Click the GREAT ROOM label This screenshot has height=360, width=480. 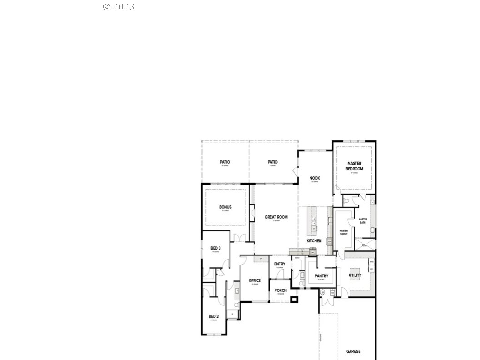pyautogui.click(x=276, y=217)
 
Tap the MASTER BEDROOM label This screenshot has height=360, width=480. pyautogui.click(x=354, y=166)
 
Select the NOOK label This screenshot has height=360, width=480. pyautogui.click(x=315, y=178)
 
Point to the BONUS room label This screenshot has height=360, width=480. pyautogui.click(x=225, y=207)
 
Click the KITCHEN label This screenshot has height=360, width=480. pyautogui.click(x=314, y=241)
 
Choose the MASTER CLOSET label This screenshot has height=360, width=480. pyautogui.click(x=344, y=232)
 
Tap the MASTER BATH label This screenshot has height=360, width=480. pyautogui.click(x=363, y=221)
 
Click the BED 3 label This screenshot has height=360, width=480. pyautogui.click(x=215, y=248)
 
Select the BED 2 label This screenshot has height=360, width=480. pyautogui.click(x=214, y=316)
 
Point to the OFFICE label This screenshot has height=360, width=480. pyautogui.click(x=255, y=280)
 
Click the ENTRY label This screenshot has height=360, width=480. pyautogui.click(x=280, y=264)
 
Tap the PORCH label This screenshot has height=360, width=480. pyautogui.click(x=280, y=290)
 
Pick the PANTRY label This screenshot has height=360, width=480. pyautogui.click(x=321, y=276)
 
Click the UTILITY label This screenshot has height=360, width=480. pyautogui.click(x=355, y=275)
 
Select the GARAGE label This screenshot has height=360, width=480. pyautogui.click(x=353, y=351)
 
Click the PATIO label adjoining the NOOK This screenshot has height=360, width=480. pyautogui.click(x=272, y=162)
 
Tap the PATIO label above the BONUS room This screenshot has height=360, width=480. pyautogui.click(x=225, y=162)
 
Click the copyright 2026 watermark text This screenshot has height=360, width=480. pyautogui.click(x=119, y=7)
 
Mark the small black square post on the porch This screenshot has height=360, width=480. pyautogui.click(x=295, y=299)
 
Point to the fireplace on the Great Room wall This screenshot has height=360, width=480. pyautogui.click(x=251, y=213)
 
